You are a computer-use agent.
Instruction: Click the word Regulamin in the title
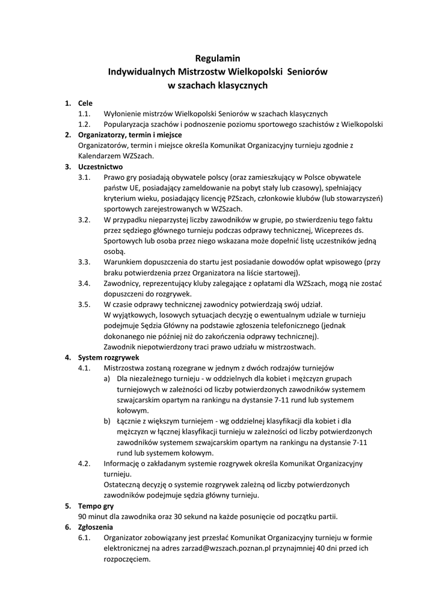218,58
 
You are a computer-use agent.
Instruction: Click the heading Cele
85,103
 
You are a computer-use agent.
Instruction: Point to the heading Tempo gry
96,506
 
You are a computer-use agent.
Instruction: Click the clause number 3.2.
84,220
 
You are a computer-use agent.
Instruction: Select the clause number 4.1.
84,368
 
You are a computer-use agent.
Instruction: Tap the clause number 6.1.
84,537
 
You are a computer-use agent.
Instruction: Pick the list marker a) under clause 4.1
107,378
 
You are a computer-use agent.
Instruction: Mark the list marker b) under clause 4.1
107,420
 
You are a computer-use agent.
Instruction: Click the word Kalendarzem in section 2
100,156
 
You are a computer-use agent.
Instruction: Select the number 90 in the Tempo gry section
84,516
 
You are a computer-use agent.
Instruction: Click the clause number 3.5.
84,304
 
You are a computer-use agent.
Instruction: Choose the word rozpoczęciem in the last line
127,558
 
